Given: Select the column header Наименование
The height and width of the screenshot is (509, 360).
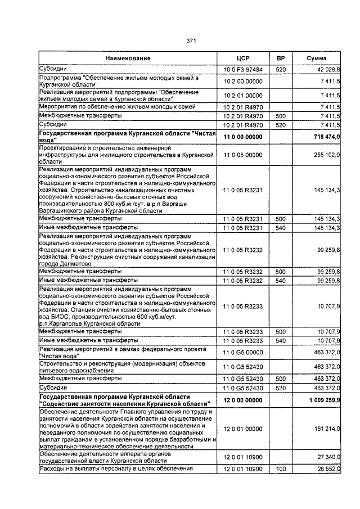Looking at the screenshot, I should click(128, 58).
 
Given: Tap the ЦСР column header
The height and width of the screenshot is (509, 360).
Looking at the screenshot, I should click(243, 58).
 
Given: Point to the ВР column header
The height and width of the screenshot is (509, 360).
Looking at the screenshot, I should click(280, 58).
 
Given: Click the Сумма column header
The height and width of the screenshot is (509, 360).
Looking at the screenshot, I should click(317, 58).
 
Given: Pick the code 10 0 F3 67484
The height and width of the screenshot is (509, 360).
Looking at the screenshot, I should click(243, 69).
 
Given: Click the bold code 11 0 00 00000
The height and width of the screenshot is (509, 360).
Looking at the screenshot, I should click(243, 137).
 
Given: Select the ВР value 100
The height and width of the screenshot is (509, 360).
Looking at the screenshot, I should click(280, 469).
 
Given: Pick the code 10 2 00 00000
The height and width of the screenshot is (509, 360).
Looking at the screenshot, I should click(243, 82).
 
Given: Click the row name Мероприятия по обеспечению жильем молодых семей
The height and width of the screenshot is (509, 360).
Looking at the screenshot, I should click(118, 106).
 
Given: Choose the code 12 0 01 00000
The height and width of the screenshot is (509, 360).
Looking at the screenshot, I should click(243, 429).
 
